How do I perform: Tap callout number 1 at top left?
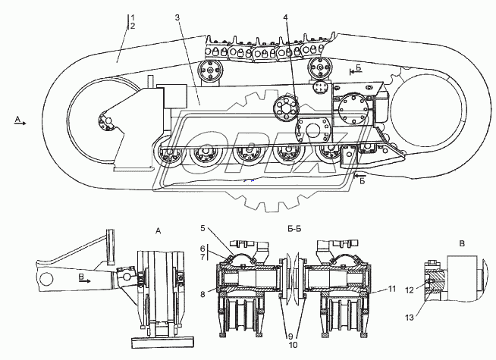(133, 17)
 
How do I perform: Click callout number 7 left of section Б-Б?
(202, 257)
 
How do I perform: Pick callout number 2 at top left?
(133, 26)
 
